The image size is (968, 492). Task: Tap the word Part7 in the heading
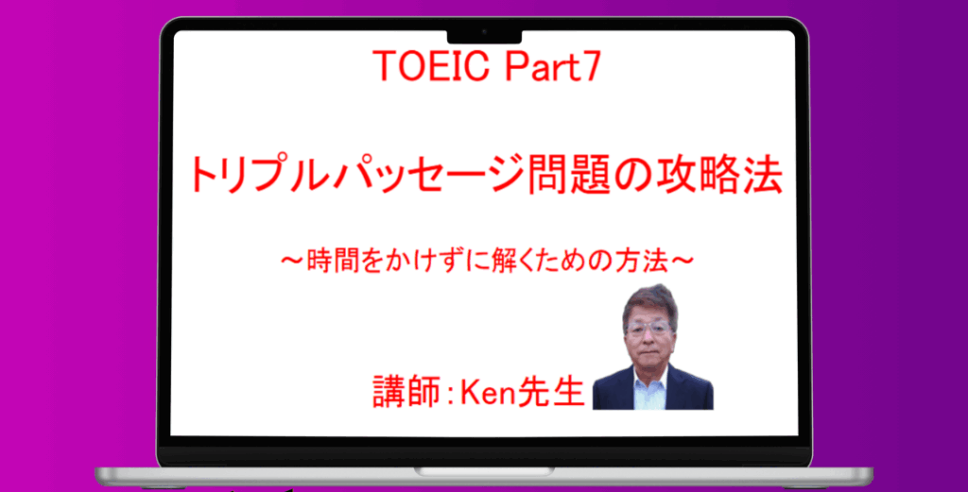coord(552,66)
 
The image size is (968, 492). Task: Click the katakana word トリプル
coord(257,176)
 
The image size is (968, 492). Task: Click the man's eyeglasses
coord(648,328)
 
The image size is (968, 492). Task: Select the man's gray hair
coord(649,301)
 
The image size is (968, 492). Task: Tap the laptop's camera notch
coord(484,36)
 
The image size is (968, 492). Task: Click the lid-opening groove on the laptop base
coord(484,471)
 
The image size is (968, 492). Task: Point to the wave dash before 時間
coord(293,262)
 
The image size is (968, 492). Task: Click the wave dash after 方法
coord(683,262)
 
